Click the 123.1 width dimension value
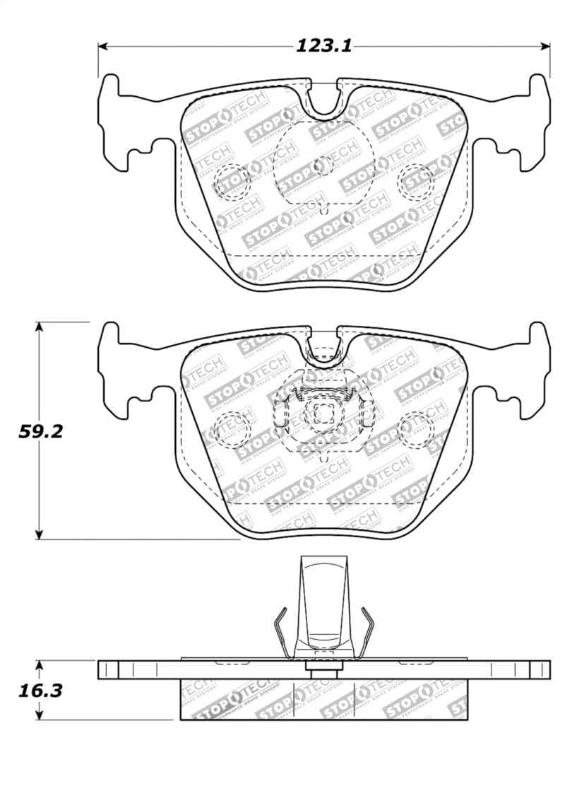[x=323, y=47]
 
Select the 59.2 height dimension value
[x=41, y=430]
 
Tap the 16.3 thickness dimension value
[x=41, y=690]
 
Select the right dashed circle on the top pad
[x=416, y=182]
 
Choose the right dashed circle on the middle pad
[x=416, y=429]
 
